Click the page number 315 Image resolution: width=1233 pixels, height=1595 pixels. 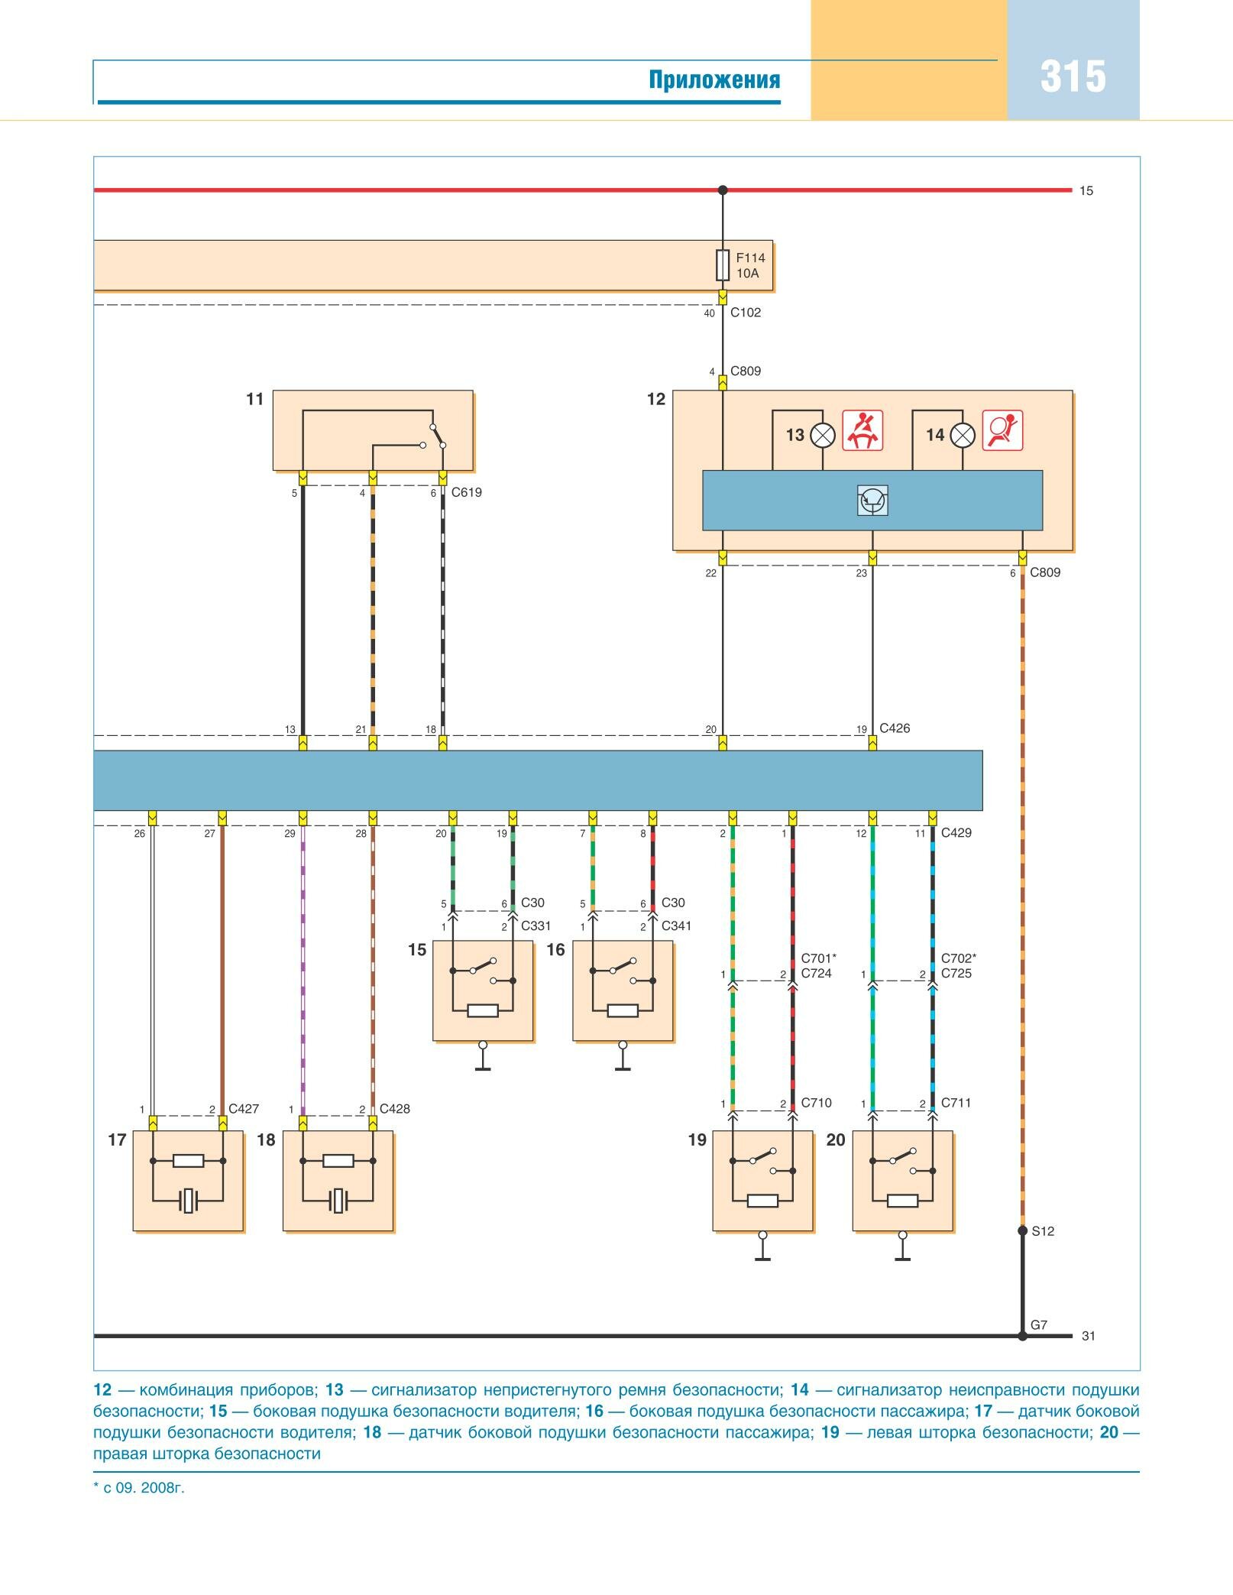(x=1073, y=77)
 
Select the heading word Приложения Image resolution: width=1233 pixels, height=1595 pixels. (x=714, y=80)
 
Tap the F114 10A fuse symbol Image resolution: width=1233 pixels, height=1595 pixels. (x=723, y=265)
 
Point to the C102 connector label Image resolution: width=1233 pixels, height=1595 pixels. (x=746, y=313)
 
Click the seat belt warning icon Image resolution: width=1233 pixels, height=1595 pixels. (x=862, y=430)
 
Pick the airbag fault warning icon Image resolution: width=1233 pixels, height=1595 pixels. (x=1002, y=430)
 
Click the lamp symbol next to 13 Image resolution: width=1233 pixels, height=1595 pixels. (x=823, y=435)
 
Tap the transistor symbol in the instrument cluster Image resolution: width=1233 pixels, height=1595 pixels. (x=872, y=501)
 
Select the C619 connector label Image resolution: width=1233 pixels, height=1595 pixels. (x=467, y=493)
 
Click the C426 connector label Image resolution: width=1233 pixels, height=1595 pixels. (x=895, y=728)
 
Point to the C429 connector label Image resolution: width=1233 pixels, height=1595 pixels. (x=956, y=833)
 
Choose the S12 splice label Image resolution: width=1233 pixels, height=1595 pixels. (x=1043, y=1231)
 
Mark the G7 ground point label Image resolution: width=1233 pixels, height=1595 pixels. (x=1039, y=1325)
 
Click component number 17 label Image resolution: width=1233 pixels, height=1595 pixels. (x=117, y=1140)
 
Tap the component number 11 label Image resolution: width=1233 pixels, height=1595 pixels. (x=255, y=399)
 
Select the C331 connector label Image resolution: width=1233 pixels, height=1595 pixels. (x=536, y=926)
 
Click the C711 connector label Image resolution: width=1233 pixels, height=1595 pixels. (x=956, y=1103)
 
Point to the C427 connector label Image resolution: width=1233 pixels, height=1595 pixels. (x=244, y=1109)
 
